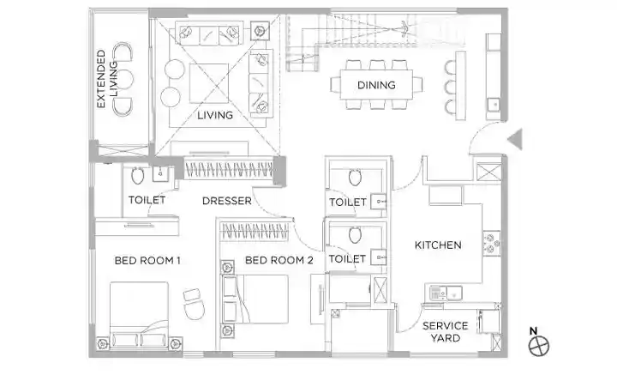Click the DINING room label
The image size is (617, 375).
(376, 85)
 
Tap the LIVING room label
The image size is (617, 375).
(215, 115)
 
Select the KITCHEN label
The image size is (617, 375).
(438, 245)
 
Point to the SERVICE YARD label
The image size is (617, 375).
(446, 332)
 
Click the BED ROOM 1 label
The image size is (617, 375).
(147, 260)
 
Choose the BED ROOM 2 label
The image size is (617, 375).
(279, 260)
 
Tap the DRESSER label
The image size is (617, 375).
(226, 201)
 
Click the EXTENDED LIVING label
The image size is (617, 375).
(107, 79)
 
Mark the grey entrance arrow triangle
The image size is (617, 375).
(516, 139)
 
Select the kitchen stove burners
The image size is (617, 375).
(492, 244)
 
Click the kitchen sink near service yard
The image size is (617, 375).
(453, 293)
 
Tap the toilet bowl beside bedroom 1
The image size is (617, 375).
(137, 176)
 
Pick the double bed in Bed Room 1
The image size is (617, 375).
(140, 315)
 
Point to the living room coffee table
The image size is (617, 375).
(209, 83)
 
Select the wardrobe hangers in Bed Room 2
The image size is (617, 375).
(254, 232)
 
